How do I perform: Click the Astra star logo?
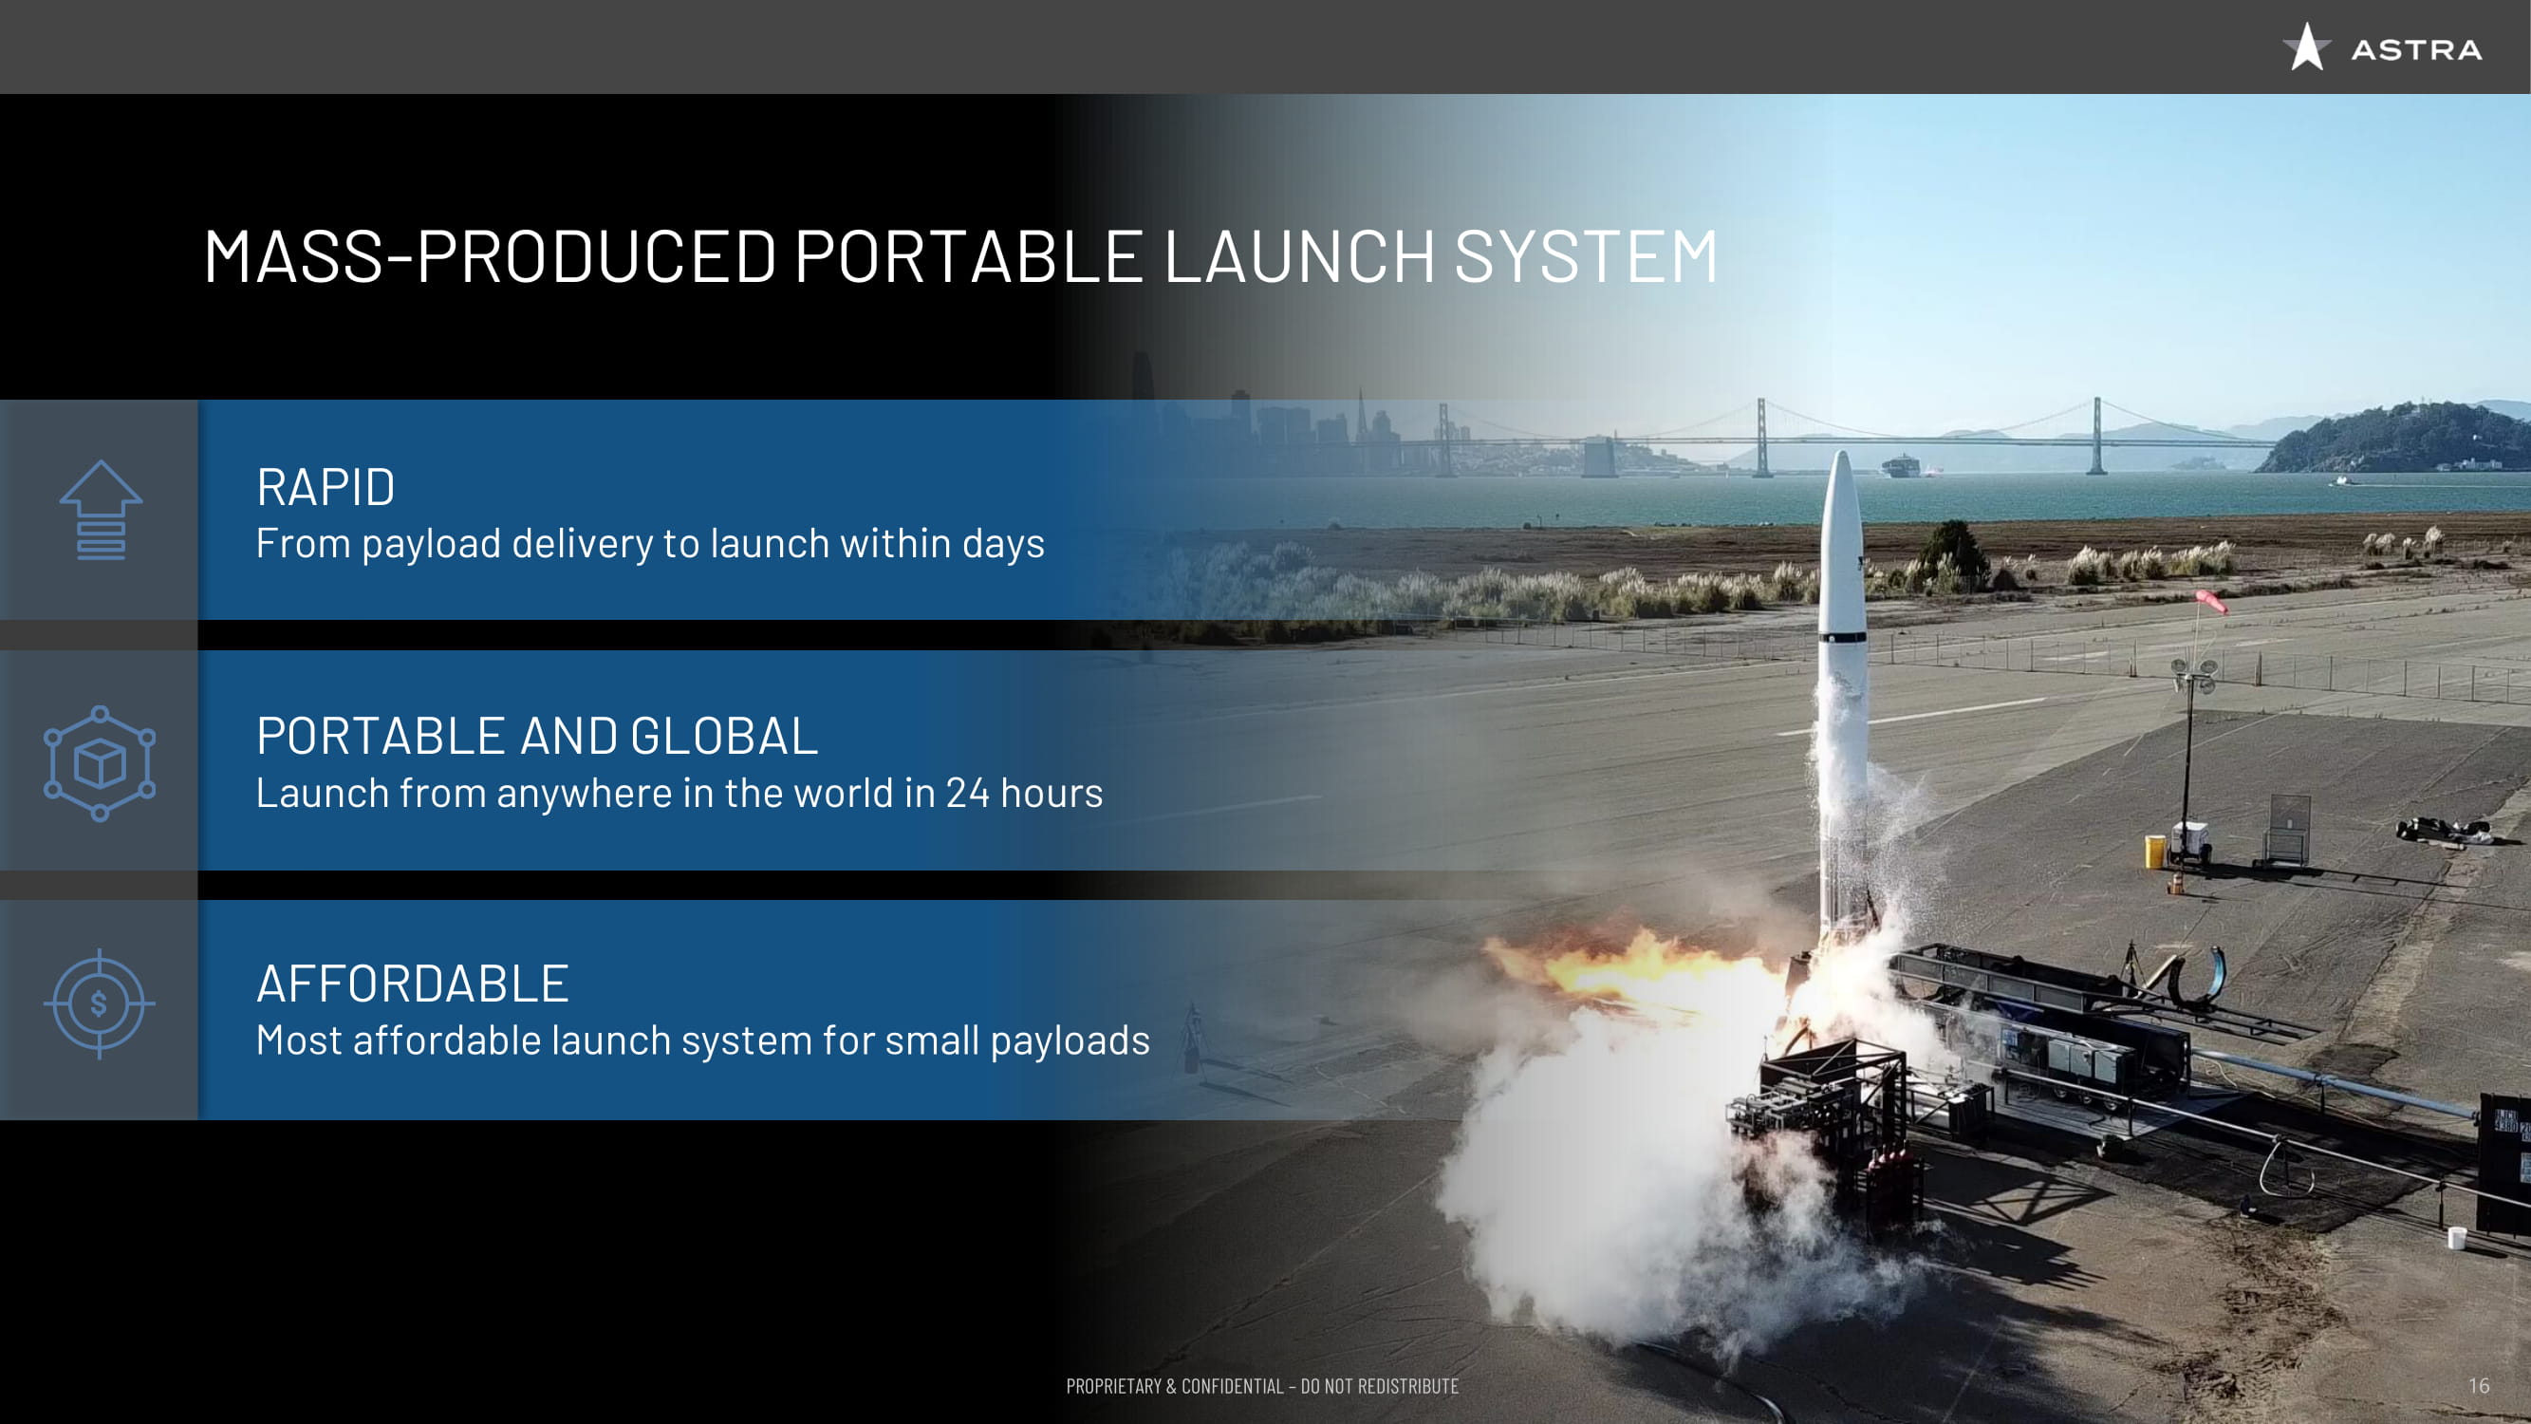[2306, 47]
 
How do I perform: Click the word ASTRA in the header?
[2416, 50]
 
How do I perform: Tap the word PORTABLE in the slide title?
[969, 257]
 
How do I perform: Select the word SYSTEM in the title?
[1586, 257]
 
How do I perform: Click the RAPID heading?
[326, 487]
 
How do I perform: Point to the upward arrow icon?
[101, 510]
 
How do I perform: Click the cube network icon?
[100, 762]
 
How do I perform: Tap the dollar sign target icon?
[100, 1003]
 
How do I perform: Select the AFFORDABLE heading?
[413, 984]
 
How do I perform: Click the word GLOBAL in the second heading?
[724, 736]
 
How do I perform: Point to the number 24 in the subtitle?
[967, 793]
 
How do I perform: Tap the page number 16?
[2478, 1386]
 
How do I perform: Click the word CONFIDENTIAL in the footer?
[1232, 1387]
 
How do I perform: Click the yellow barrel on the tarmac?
[2153, 851]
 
